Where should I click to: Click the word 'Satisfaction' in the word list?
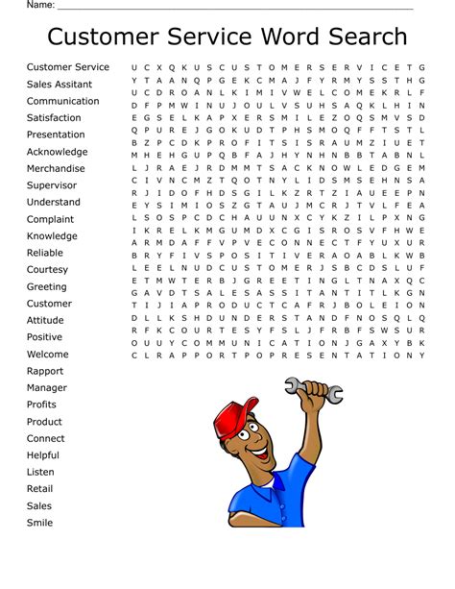pyautogui.click(x=54, y=118)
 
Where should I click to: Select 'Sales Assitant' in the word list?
pyautogui.click(x=60, y=85)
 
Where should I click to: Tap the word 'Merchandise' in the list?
pyautogui.click(x=56, y=169)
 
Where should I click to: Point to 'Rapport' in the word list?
pyautogui.click(x=45, y=371)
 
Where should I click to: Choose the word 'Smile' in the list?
pyautogui.click(x=40, y=523)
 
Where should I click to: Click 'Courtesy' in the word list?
pyautogui.click(x=47, y=270)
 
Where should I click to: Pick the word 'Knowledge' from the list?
pyautogui.click(x=52, y=236)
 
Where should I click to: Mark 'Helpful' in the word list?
pyautogui.click(x=43, y=455)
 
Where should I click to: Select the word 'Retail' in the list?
pyautogui.click(x=40, y=489)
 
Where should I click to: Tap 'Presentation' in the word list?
pyautogui.click(x=56, y=135)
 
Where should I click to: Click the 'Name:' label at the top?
pyautogui.click(x=39, y=5)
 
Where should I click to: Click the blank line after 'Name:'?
pyautogui.click(x=240, y=7)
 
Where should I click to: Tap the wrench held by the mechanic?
pyautogui.click(x=312, y=389)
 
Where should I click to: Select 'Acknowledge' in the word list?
pyautogui.click(x=57, y=152)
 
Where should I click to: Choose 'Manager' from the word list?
pyautogui.click(x=47, y=388)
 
